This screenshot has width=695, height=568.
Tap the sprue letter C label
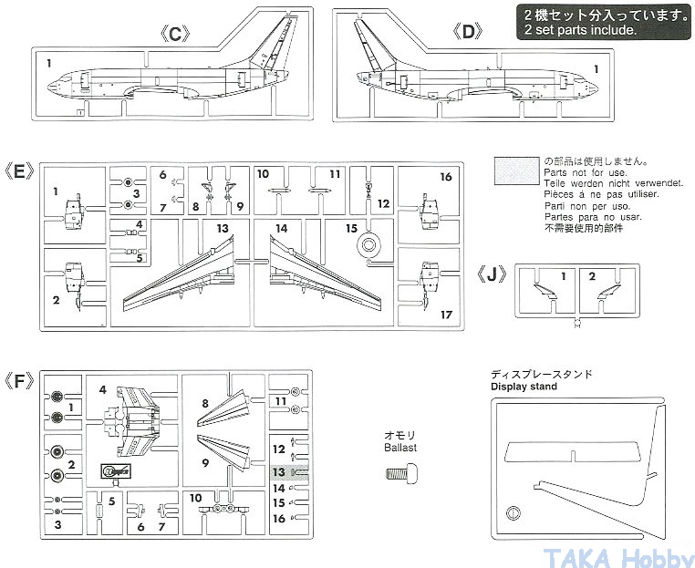(x=175, y=34)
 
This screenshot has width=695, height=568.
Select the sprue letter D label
(x=469, y=32)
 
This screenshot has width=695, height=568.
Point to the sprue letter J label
(x=492, y=274)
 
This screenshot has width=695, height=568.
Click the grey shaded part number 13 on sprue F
(x=279, y=472)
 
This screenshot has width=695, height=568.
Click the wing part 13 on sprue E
(x=179, y=274)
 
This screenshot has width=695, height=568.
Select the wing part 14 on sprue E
(x=325, y=274)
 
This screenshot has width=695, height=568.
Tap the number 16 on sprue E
(x=445, y=177)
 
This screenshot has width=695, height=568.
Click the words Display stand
(x=524, y=387)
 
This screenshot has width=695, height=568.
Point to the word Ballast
(x=400, y=448)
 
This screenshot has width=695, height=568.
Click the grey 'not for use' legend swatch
(x=517, y=170)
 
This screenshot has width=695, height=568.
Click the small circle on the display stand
(x=513, y=512)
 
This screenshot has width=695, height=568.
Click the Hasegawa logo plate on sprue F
(x=116, y=470)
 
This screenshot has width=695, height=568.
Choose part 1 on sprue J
(x=545, y=292)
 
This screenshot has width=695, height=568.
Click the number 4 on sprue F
(x=103, y=390)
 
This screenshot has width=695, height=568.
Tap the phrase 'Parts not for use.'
(x=585, y=173)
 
